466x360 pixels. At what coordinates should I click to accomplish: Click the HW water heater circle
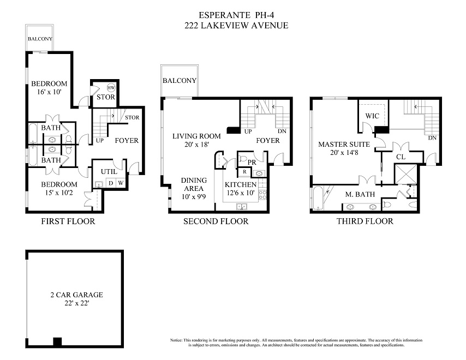click(111, 88)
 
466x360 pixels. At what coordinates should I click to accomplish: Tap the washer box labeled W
click(121, 183)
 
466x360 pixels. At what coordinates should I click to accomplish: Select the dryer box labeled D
click(111, 183)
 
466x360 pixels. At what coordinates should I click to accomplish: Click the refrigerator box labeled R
click(244, 172)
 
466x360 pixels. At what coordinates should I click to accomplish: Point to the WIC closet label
click(372, 116)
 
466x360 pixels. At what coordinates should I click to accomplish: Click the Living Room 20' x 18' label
click(197, 140)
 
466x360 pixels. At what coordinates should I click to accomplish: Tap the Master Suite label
click(344, 145)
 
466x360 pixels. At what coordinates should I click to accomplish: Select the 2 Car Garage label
click(77, 295)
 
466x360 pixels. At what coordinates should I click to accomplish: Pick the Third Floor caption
click(365, 221)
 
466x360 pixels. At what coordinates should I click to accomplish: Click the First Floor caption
click(68, 221)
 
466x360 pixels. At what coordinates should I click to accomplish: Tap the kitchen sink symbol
click(242, 206)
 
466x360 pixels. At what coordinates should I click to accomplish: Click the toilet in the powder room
click(243, 158)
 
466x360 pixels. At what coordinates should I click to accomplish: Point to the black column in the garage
click(57, 341)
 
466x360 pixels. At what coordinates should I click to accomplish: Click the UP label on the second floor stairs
click(248, 131)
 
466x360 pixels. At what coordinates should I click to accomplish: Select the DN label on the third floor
click(432, 138)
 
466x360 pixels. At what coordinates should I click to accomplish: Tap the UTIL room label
click(109, 172)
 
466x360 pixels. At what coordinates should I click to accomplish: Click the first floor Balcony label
click(40, 39)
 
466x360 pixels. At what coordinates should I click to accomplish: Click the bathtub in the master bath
click(318, 197)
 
